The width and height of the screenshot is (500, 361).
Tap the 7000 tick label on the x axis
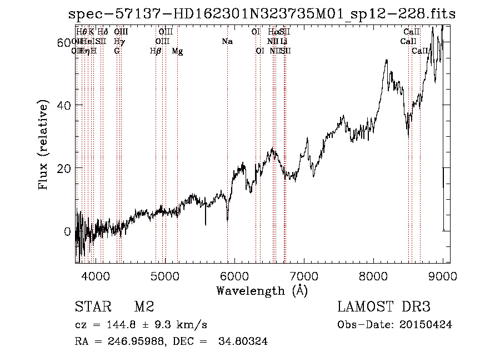coord(304,275)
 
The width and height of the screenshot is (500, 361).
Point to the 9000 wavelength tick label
coord(443,275)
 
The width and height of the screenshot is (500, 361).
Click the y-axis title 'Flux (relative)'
coord(43,145)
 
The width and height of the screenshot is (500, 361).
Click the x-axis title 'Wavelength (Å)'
coord(262,290)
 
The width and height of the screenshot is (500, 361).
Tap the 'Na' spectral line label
coord(227,41)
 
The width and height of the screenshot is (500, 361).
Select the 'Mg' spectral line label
coord(177,51)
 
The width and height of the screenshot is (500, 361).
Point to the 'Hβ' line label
coord(156,51)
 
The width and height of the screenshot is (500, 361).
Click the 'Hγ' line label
coord(118,41)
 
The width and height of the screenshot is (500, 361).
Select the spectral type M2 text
coord(144,307)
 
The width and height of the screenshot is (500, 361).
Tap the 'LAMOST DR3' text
coord(383,307)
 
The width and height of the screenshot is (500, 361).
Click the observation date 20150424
coord(424,325)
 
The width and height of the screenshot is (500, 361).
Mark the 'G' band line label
coord(117,51)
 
